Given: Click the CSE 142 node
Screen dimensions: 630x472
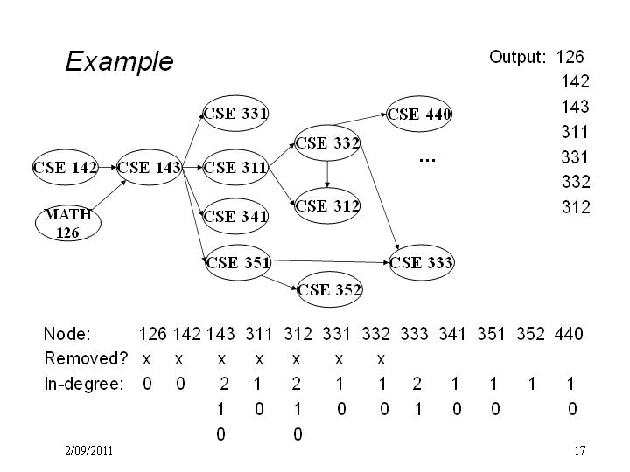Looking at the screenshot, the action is [65, 167].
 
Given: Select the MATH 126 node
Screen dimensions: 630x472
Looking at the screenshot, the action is [68, 223].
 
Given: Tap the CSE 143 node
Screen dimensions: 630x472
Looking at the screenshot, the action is [149, 167].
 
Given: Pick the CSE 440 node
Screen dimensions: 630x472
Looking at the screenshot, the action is [419, 114].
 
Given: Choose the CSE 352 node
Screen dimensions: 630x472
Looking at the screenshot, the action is [330, 289].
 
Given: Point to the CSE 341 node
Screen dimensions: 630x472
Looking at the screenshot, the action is [235, 217].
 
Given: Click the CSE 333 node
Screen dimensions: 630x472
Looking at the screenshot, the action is [422, 263].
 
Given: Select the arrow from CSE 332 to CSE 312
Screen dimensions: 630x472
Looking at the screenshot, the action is [327, 174].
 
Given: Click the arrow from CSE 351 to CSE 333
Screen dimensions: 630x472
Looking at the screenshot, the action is [331, 261].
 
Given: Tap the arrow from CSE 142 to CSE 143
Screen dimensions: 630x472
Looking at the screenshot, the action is [108, 167].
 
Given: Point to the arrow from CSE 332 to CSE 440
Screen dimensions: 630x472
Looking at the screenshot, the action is [360, 120].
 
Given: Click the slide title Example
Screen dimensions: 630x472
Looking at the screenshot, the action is [119, 61].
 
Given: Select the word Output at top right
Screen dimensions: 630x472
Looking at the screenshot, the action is [517, 58].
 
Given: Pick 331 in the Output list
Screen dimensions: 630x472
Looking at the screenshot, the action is [575, 157].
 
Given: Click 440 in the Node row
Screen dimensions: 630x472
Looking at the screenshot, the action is [569, 334].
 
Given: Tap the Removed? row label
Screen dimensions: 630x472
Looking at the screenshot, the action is [86, 358].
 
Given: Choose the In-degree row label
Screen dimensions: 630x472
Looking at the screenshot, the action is [84, 384].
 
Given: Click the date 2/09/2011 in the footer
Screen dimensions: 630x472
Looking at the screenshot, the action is [88, 450].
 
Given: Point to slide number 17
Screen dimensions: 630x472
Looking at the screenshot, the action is [580, 450].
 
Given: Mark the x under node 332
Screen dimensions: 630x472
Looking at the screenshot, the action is [381, 359].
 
